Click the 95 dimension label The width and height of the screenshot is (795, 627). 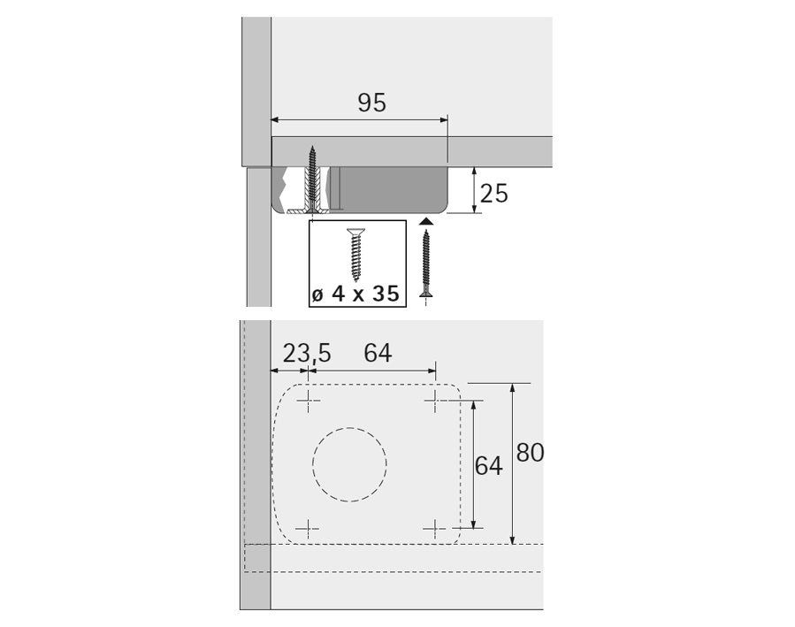point(371,103)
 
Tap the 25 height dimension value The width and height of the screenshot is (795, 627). point(493,194)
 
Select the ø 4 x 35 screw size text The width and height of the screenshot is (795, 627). point(355,294)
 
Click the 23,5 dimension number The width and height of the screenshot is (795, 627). point(306,353)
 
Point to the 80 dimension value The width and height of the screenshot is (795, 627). point(530,453)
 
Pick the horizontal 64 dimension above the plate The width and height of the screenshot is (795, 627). point(378,353)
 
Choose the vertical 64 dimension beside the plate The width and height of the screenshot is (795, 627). point(488,466)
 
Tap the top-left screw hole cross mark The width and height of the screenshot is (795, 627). point(309,401)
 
